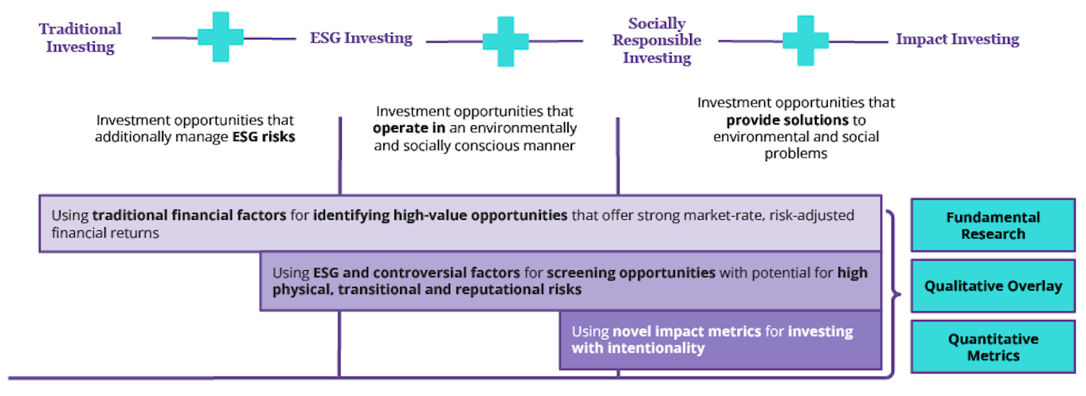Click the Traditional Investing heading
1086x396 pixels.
click(x=80, y=37)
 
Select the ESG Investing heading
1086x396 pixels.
click(x=361, y=37)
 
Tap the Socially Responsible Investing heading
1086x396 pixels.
click(x=657, y=40)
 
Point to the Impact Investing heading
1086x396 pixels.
click(x=957, y=39)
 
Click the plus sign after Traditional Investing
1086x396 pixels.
click(x=221, y=37)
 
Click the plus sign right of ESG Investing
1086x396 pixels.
click(x=505, y=41)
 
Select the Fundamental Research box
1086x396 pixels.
click(x=993, y=225)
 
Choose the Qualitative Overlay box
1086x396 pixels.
click(x=993, y=286)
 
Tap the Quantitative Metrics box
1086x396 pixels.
click(x=993, y=347)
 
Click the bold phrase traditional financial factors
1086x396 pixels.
click(x=187, y=216)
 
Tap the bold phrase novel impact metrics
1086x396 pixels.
click(x=687, y=331)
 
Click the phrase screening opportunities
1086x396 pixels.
click(x=631, y=273)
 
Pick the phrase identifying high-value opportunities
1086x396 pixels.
click(x=440, y=216)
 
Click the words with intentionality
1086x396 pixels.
click(x=637, y=348)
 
